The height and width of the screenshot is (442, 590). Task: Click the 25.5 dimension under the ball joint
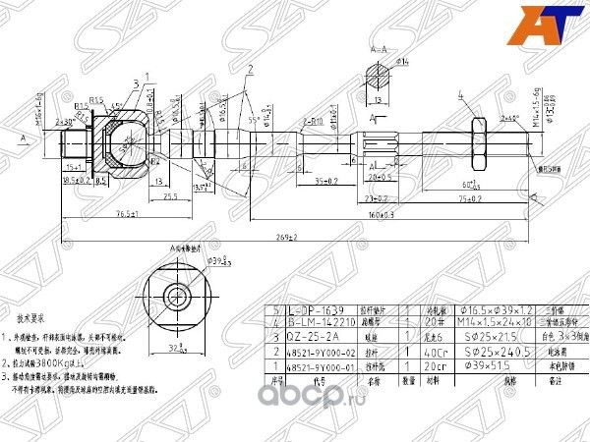(171, 197)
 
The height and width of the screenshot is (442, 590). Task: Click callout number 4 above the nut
(459, 94)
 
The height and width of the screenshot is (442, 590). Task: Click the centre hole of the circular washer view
(177, 296)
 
